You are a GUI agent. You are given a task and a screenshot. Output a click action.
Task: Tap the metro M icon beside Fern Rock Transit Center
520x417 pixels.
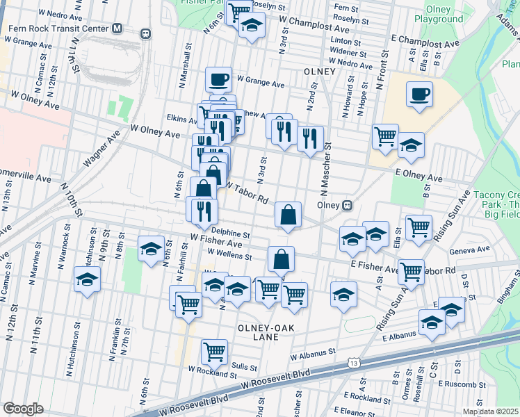[x=117, y=29]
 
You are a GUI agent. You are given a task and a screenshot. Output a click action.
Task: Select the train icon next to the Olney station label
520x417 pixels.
[x=346, y=206]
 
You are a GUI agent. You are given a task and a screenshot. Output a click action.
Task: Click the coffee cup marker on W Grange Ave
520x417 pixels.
[x=219, y=80]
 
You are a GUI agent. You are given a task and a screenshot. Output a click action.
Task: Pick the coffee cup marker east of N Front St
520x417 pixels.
[x=419, y=94]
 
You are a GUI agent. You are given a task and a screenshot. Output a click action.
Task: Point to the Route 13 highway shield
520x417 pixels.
[x=355, y=363]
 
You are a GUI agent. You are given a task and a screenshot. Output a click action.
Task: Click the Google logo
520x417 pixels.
[x=23, y=408]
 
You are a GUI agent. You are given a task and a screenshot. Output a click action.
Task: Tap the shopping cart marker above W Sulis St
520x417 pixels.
[x=214, y=351]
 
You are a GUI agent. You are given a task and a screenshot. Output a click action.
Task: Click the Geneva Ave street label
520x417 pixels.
[x=469, y=250]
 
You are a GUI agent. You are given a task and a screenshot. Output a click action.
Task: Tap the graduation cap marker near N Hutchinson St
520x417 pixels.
[x=88, y=280]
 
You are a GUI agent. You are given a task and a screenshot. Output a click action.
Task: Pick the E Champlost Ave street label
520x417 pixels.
[x=425, y=40]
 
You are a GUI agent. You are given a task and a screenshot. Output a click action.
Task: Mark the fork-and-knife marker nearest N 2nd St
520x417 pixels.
[x=310, y=136]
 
